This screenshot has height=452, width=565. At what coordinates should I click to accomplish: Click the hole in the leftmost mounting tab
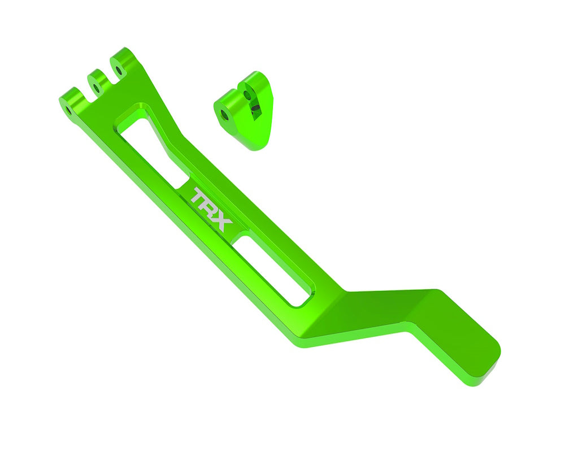tap(68, 107)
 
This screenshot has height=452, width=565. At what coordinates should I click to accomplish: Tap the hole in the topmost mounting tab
tap(119, 71)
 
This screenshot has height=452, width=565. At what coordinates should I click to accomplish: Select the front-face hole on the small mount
tap(225, 114)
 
